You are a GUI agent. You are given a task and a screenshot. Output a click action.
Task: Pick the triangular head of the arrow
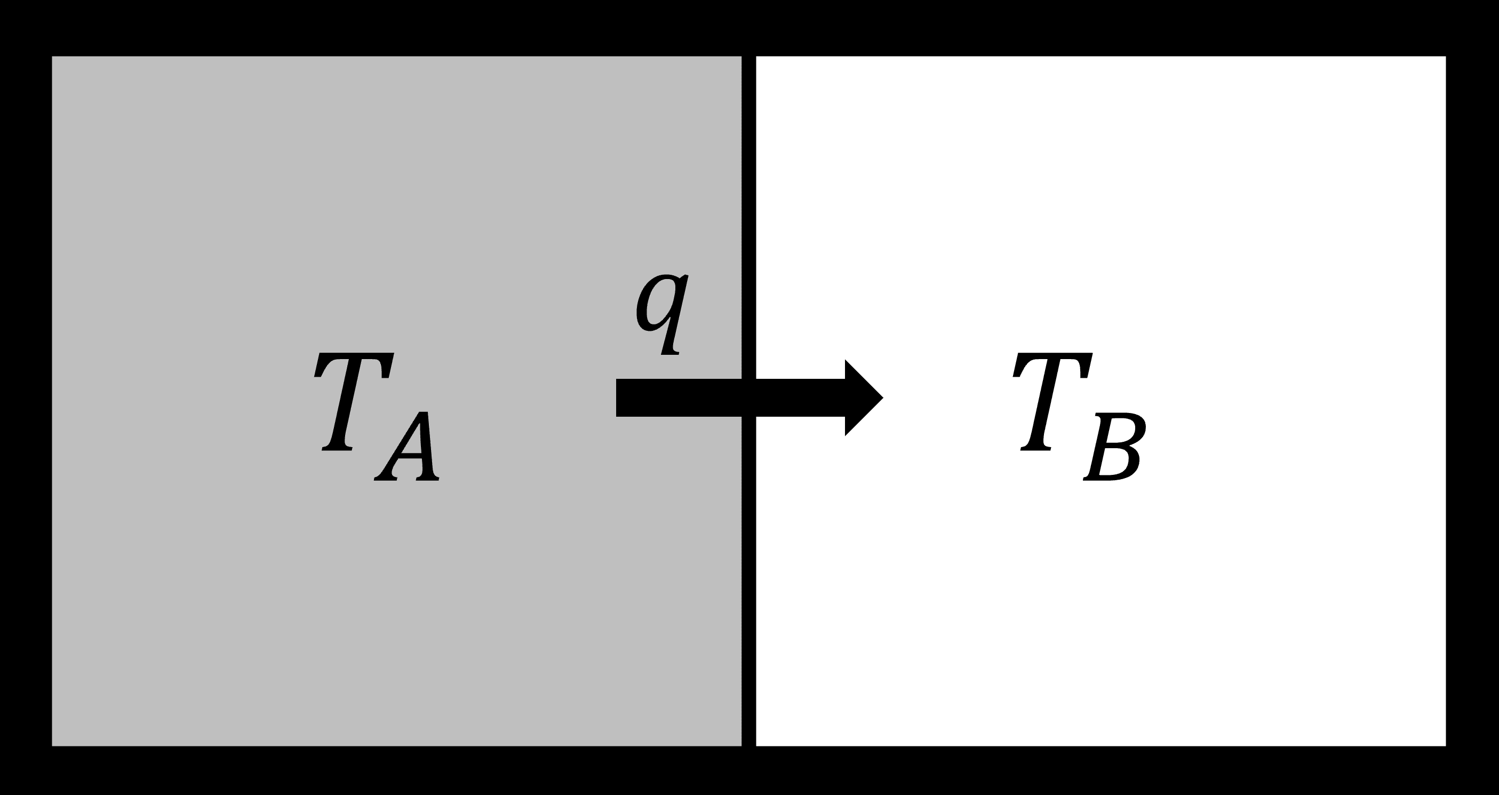(863, 397)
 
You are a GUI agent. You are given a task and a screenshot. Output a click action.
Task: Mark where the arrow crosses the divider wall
(748, 397)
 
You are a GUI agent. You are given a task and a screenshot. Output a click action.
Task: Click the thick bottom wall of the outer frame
(749, 770)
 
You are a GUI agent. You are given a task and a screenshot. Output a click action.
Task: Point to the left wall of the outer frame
(26, 397)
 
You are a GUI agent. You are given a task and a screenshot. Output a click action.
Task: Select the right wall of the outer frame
(1472, 397)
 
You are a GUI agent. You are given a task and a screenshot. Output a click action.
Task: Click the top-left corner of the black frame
(26, 27)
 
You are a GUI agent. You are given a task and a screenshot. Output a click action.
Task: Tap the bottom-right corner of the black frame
(1472, 770)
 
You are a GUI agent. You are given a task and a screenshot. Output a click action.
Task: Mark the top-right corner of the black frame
(1472, 27)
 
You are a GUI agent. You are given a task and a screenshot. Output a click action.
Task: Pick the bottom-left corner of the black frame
(26, 770)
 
